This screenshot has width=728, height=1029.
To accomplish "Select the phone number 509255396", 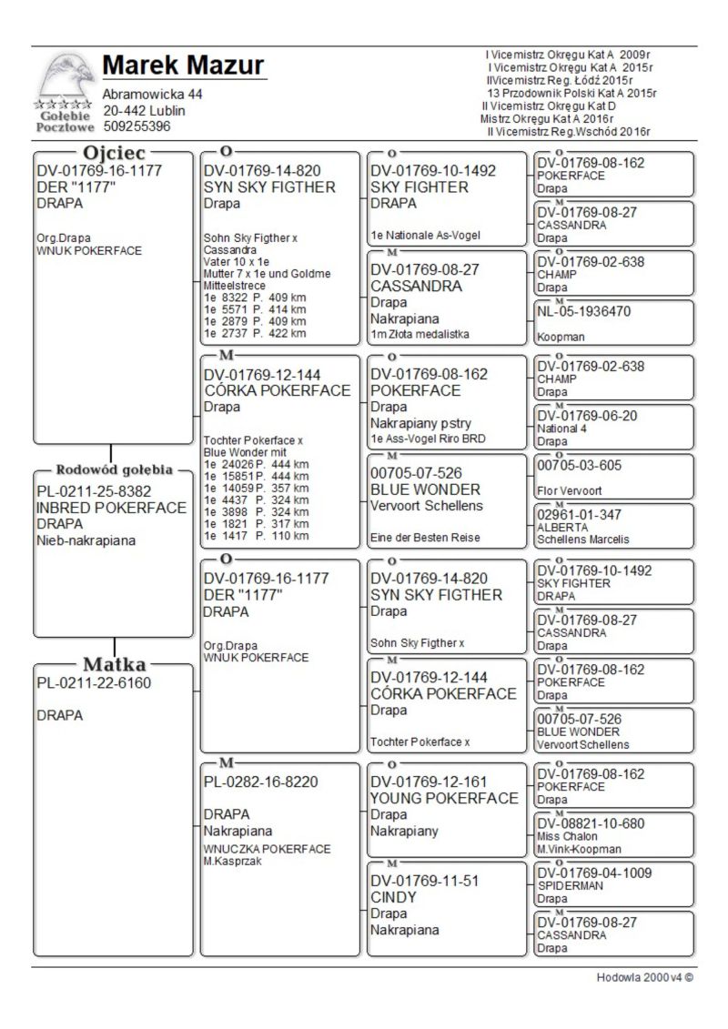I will (136, 126).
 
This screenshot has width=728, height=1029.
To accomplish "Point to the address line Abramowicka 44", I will (152, 95).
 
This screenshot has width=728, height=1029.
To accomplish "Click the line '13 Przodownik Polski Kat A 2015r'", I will (571, 93).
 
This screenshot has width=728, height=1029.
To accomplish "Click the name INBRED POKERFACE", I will (111, 509).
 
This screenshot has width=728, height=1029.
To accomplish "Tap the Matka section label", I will (115, 663).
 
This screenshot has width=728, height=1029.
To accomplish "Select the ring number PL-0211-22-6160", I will (94, 682).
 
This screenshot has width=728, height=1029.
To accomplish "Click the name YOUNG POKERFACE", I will (444, 799).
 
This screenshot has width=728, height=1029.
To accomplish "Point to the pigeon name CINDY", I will (393, 897).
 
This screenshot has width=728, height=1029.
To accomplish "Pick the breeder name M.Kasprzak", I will (233, 861).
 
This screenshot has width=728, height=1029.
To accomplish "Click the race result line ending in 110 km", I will (256, 536).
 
